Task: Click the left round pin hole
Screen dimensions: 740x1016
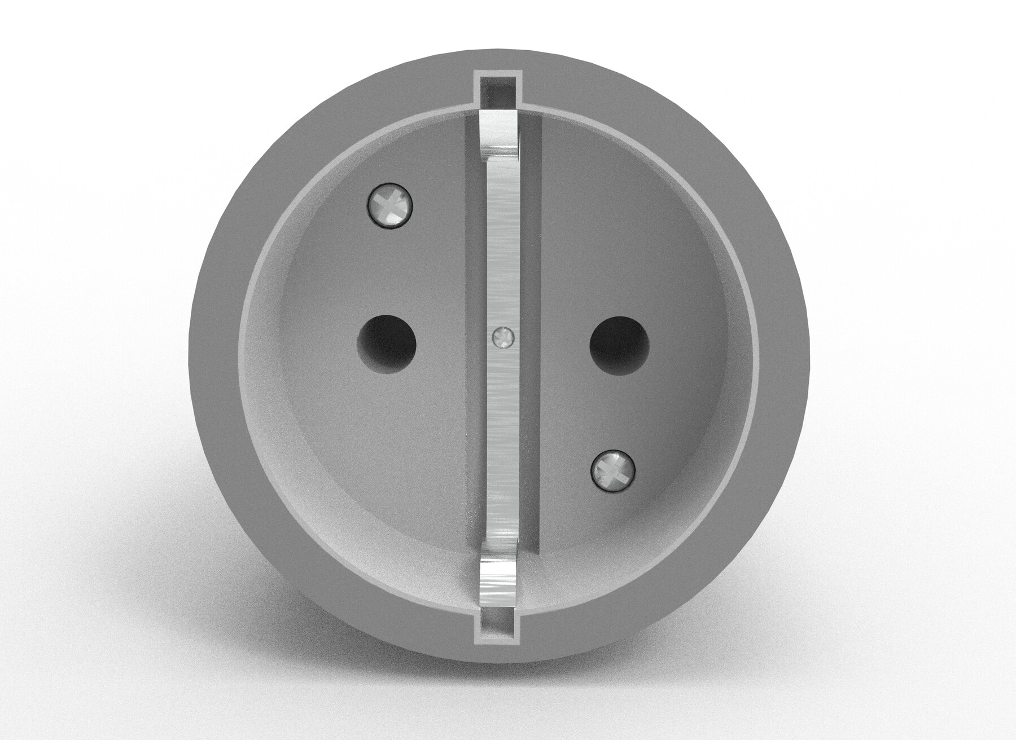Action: click(387, 343)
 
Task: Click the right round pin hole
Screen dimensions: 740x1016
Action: click(619, 345)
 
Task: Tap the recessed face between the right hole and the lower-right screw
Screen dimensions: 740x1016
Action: click(616, 409)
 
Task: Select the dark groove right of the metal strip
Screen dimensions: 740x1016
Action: click(533, 338)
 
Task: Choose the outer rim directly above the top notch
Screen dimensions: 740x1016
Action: click(498, 62)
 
